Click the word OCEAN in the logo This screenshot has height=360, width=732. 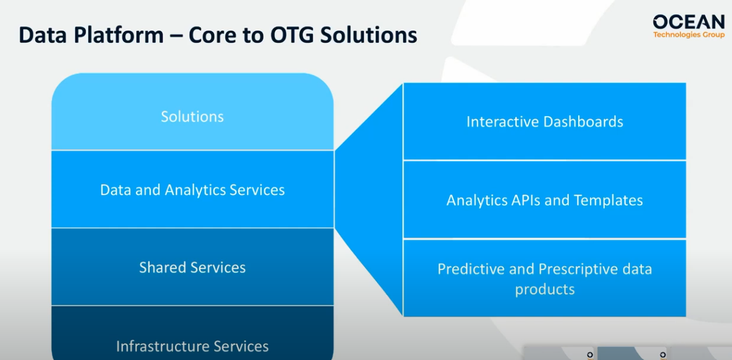pyautogui.click(x=689, y=22)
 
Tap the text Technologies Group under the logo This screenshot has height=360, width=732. pyautogui.click(x=689, y=35)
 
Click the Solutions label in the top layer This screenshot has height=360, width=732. pyautogui.click(x=192, y=117)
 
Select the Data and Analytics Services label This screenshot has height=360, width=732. pyautogui.click(x=192, y=190)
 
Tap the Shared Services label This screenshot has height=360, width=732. pyautogui.click(x=192, y=268)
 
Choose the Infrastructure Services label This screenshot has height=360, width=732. pyautogui.click(x=192, y=346)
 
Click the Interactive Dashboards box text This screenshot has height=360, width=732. pyautogui.click(x=545, y=122)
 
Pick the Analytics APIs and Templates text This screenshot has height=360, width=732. pyautogui.click(x=545, y=200)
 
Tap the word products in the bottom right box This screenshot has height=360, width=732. pyautogui.click(x=545, y=289)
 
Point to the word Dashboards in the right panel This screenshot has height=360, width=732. pyautogui.click(x=584, y=122)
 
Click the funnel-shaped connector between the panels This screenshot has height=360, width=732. pyautogui.click(x=369, y=199)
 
